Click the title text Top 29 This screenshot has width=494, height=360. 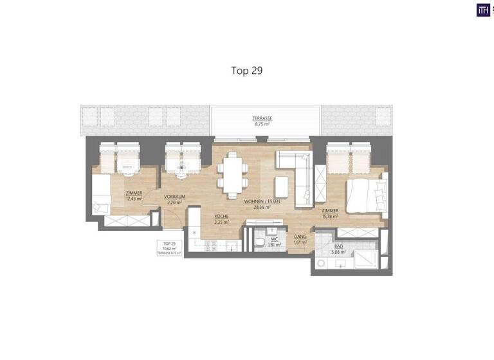[x=247, y=70]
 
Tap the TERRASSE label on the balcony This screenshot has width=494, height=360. [x=262, y=118]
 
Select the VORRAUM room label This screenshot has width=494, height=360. [x=174, y=197]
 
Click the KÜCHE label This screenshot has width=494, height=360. [x=223, y=217]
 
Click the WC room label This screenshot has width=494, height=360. [x=274, y=240]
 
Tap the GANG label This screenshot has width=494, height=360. [x=300, y=237]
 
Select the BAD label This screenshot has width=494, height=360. [x=339, y=247]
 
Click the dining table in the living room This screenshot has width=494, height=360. [x=232, y=174]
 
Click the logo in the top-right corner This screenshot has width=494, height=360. [x=482, y=10]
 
